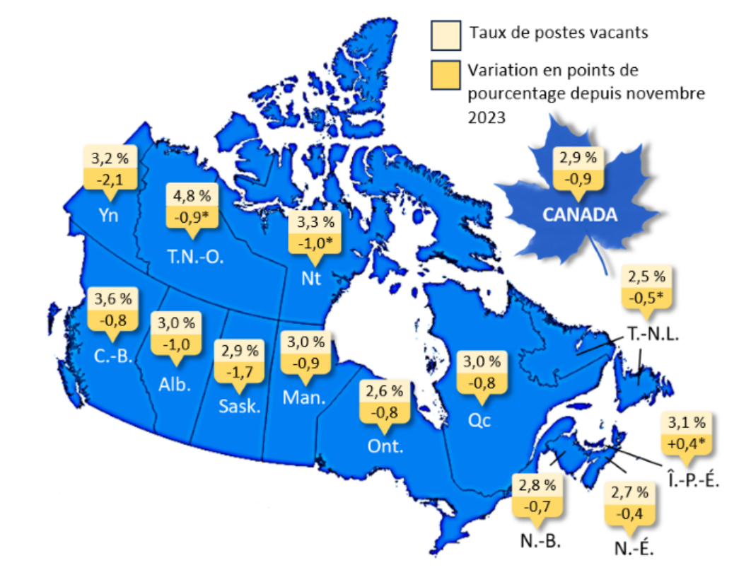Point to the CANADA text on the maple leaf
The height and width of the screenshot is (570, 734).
[x=580, y=214]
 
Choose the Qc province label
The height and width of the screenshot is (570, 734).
[x=479, y=420]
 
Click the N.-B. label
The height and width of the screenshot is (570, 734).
[x=539, y=542]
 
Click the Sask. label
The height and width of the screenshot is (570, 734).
[x=240, y=407]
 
